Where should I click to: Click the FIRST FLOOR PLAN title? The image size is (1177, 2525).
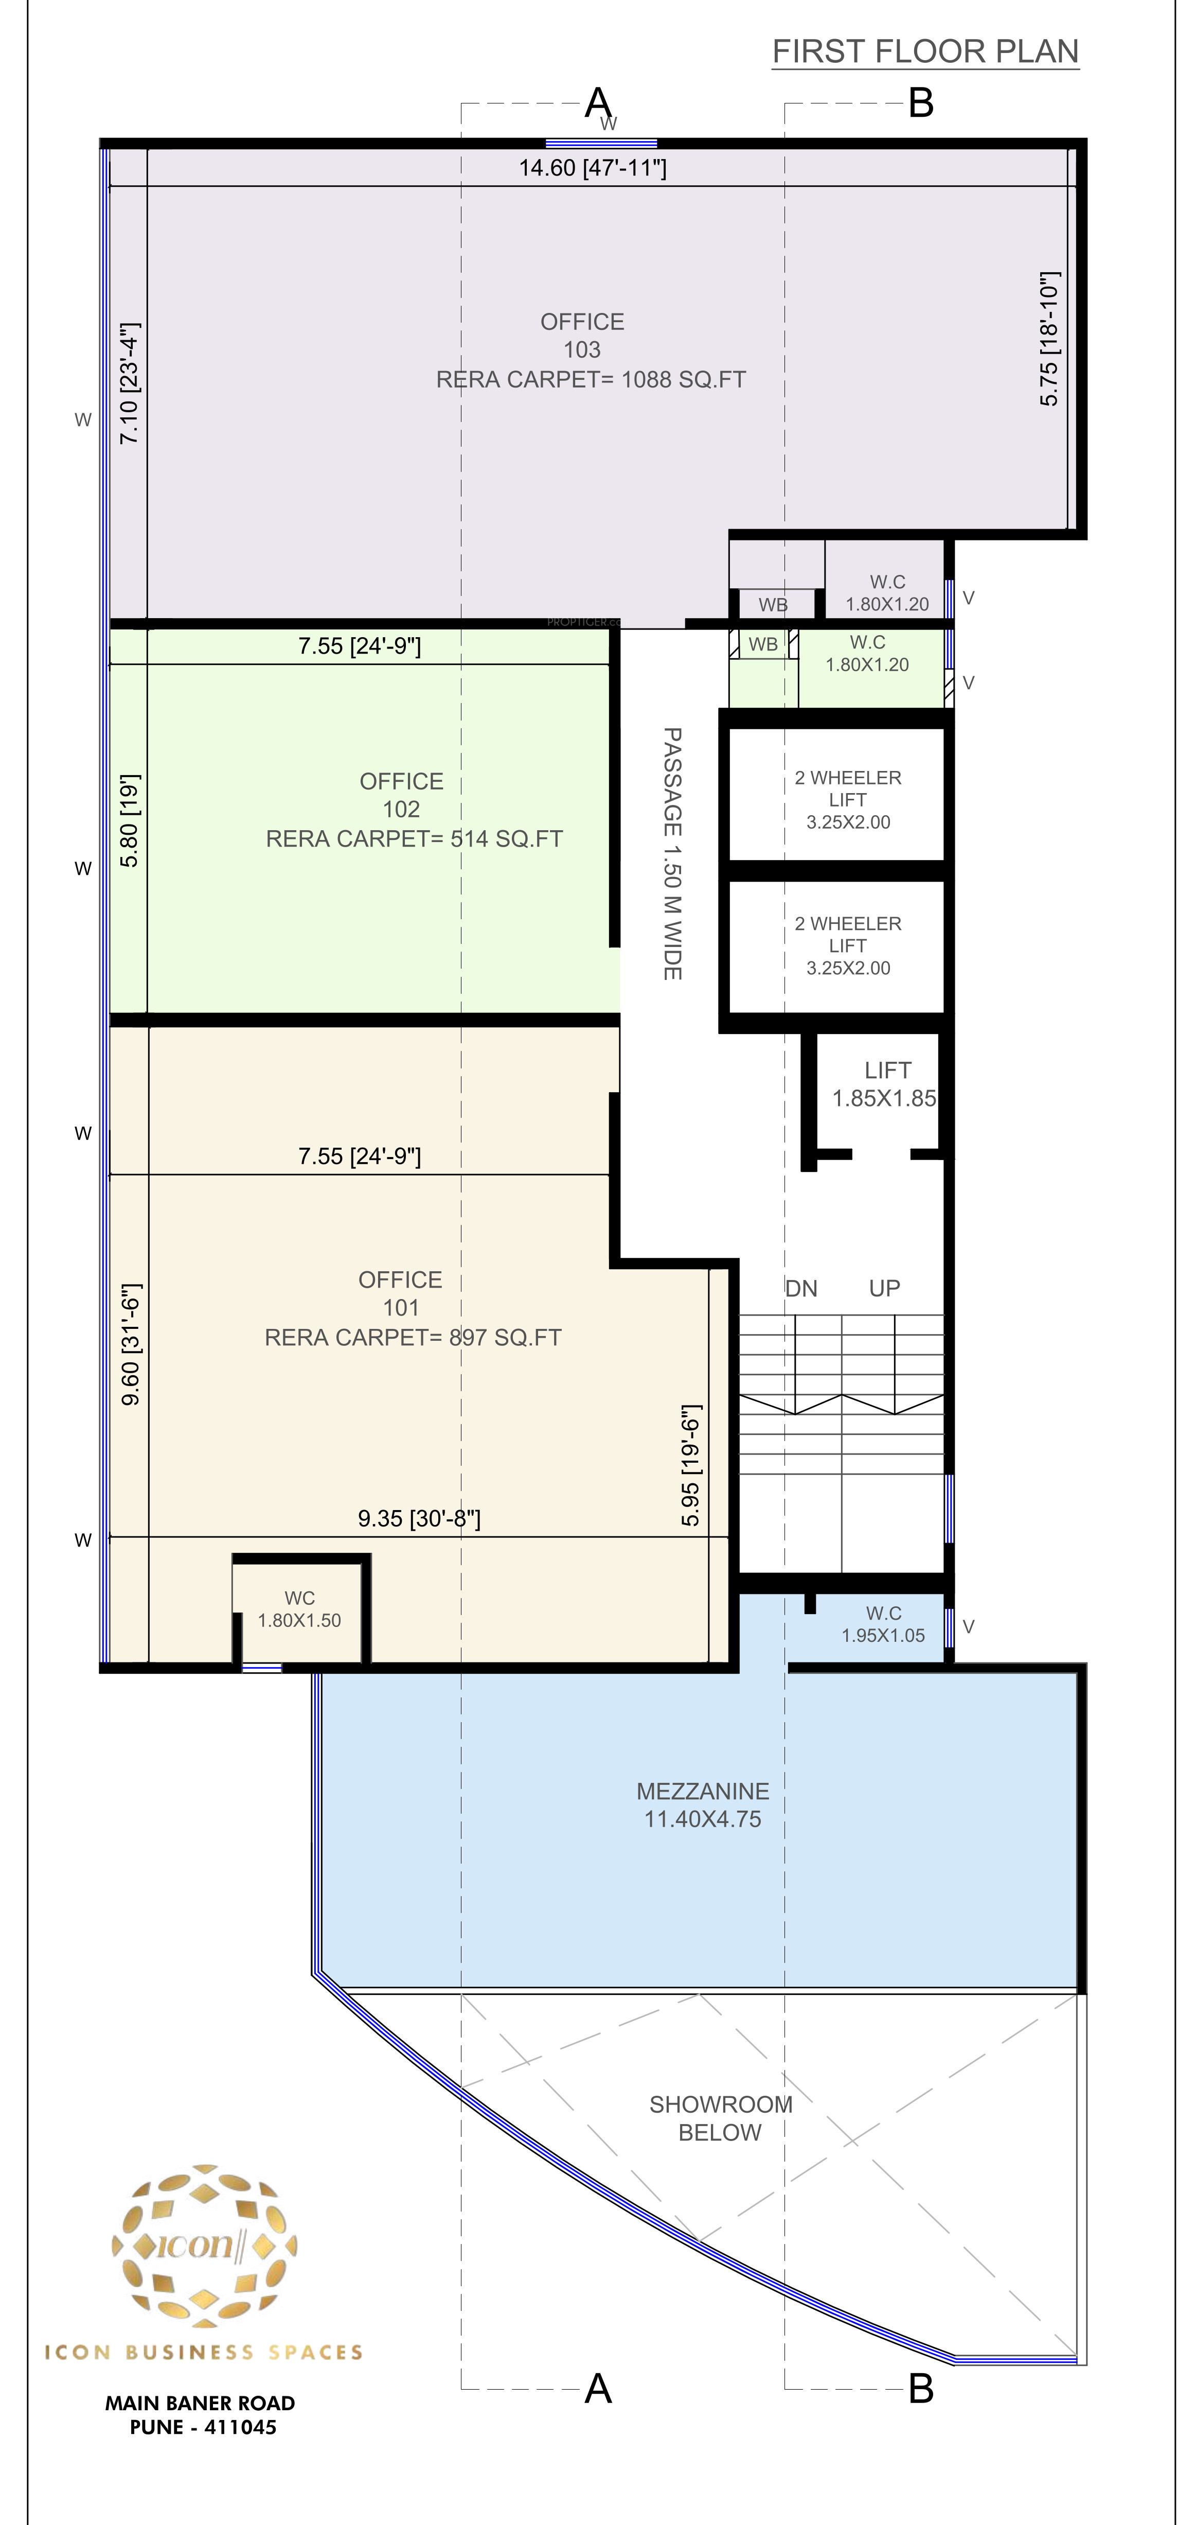925,51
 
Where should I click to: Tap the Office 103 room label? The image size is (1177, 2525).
591,350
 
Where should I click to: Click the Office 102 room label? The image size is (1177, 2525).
414,810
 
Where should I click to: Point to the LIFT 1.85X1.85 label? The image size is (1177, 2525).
885,1084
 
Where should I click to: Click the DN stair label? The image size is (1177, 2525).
801,1288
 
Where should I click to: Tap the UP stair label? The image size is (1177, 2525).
884,1288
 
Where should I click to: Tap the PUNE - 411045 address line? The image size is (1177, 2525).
203,2427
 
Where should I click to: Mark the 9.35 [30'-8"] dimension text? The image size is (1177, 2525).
418,1518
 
